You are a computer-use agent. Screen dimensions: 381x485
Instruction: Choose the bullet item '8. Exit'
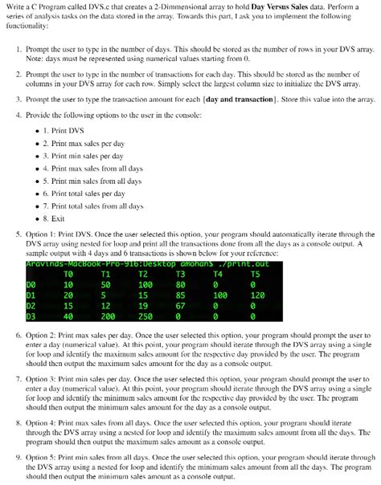(x=64, y=218)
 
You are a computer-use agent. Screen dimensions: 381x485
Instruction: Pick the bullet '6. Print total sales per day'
(x=88, y=193)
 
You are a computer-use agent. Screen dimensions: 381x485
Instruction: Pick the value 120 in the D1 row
(x=257, y=295)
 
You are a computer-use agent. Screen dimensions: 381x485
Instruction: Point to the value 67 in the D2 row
(x=178, y=305)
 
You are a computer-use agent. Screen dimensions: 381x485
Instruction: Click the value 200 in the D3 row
(x=106, y=316)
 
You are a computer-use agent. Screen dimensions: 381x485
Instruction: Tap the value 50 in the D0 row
(x=105, y=283)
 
